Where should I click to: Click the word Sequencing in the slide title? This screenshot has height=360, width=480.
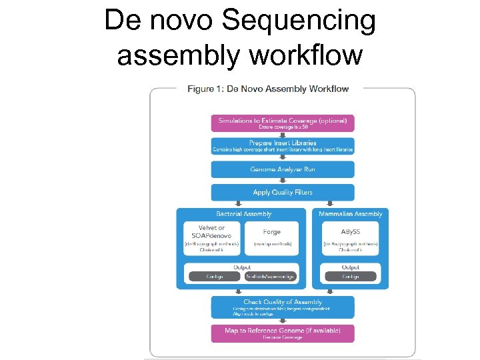point(299,22)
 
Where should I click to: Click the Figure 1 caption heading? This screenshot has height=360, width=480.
point(268,89)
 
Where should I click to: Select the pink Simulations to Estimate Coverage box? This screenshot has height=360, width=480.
point(283,123)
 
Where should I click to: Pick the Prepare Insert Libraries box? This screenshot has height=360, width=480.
point(283,146)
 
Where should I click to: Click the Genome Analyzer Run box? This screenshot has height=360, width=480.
point(283,169)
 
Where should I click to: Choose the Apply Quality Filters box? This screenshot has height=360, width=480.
point(283,193)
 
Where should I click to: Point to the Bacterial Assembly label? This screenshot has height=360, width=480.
point(244,214)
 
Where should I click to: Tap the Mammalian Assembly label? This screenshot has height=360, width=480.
point(351,214)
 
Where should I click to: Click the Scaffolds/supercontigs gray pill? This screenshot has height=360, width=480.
point(271,277)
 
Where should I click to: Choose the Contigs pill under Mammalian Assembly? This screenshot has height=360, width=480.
point(351,277)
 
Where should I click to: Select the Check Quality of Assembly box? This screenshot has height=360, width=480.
point(283,307)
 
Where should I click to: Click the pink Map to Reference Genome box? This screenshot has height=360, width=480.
point(283,333)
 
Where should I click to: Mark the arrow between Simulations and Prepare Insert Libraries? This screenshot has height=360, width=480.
point(283,135)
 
